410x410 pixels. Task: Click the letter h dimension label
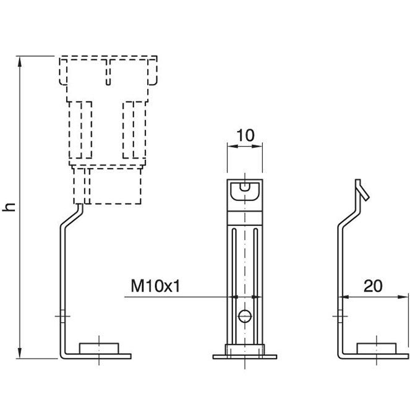click(9, 207)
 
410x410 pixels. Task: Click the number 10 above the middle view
click(246, 135)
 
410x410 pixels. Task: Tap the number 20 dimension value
click(372, 286)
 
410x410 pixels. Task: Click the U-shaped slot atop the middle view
click(246, 191)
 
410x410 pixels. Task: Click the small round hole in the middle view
click(246, 317)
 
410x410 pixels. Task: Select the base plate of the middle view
click(246, 356)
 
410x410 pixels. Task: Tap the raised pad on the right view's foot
click(377, 348)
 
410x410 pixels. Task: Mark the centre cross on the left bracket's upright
click(61, 317)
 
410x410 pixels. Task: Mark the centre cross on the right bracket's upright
click(339, 317)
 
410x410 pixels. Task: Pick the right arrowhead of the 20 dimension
click(406, 297)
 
